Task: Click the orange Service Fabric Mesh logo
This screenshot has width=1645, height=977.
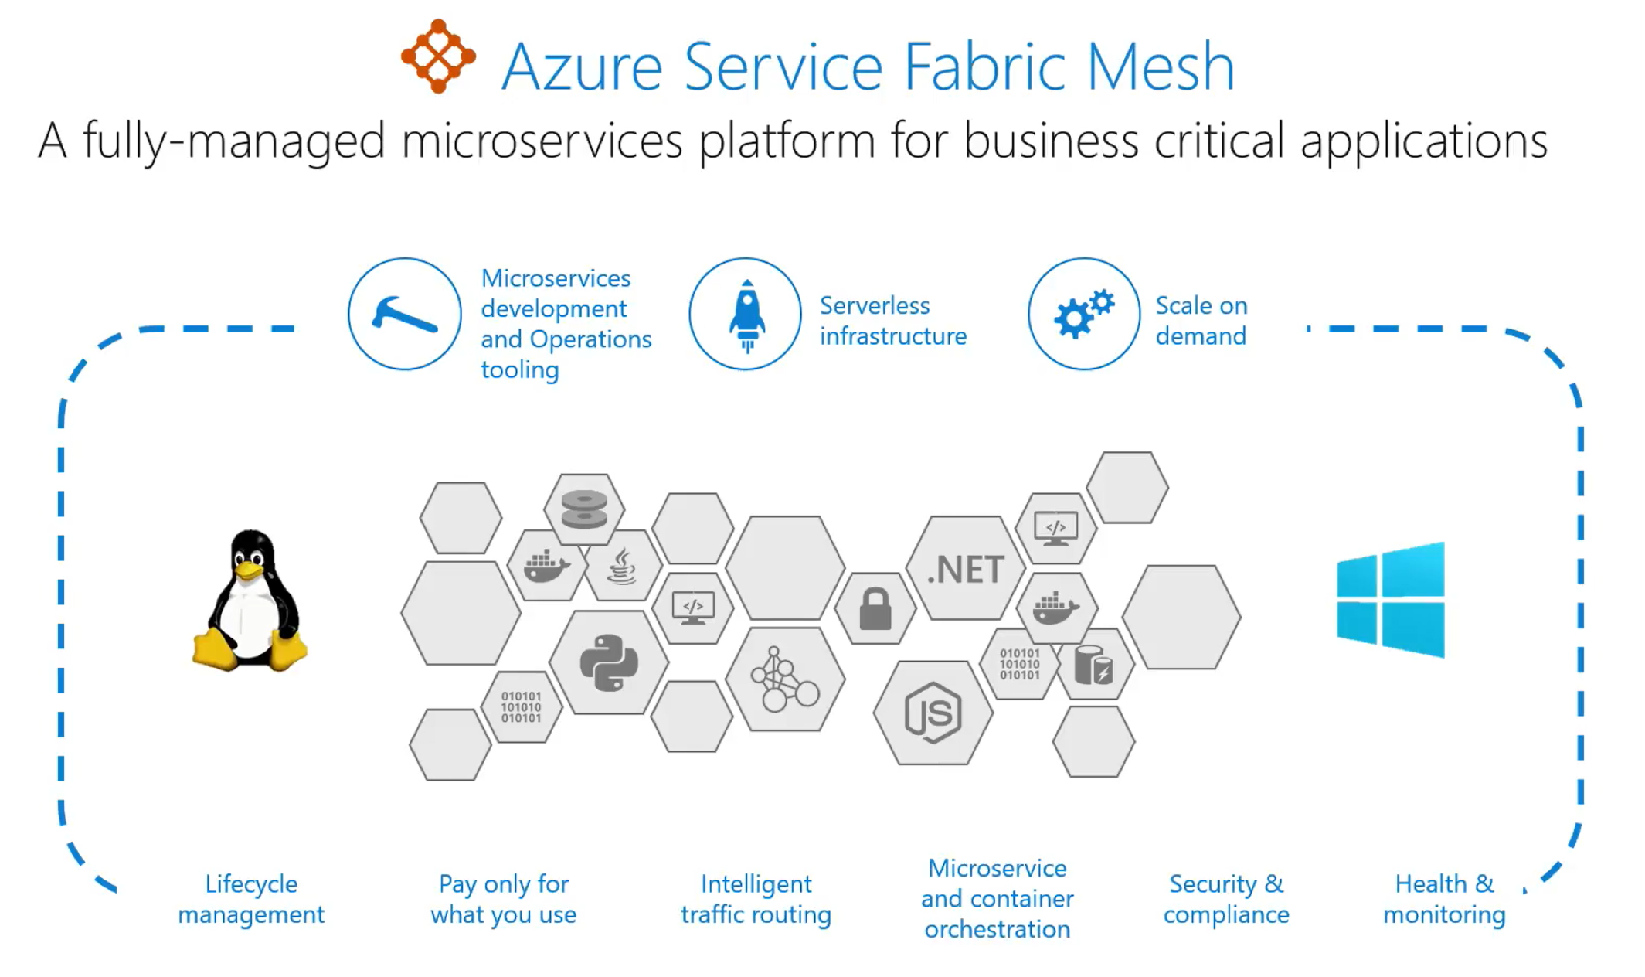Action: coord(438,56)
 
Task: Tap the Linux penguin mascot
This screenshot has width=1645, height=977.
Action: coord(250,601)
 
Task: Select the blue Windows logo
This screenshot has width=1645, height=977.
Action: coord(1391,600)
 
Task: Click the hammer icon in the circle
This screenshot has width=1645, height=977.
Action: coord(405,314)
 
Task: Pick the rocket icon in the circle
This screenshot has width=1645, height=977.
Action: coord(746,314)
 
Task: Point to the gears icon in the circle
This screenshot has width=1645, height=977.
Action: coord(1084,314)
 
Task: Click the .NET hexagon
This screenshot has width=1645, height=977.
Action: coord(966,569)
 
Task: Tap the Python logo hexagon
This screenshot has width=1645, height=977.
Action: coord(609,662)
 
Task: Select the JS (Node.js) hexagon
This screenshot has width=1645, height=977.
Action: coord(933,713)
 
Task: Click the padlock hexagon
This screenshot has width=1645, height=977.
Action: coord(875,609)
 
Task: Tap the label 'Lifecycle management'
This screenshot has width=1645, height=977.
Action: coord(251,899)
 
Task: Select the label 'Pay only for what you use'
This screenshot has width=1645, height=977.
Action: coord(504,899)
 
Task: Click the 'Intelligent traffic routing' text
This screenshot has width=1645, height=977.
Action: coord(756,899)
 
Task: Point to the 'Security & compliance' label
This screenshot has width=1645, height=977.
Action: coord(1226,899)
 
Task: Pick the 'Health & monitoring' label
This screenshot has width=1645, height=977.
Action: coord(1444,899)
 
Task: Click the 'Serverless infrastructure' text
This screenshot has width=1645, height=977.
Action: coord(892,321)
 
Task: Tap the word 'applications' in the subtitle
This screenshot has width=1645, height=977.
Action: coord(1424,141)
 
